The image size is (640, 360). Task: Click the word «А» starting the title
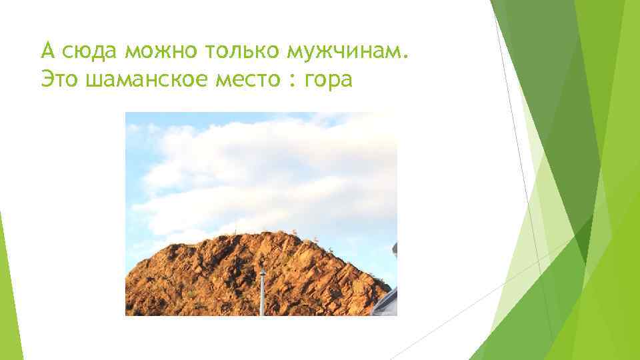[47, 50]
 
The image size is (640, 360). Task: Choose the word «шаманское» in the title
[144, 80]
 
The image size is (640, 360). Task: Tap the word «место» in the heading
[245, 80]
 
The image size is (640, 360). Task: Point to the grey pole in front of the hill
[262, 293]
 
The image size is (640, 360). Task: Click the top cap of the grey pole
[262, 264]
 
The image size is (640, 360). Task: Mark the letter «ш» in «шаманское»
[94, 80]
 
